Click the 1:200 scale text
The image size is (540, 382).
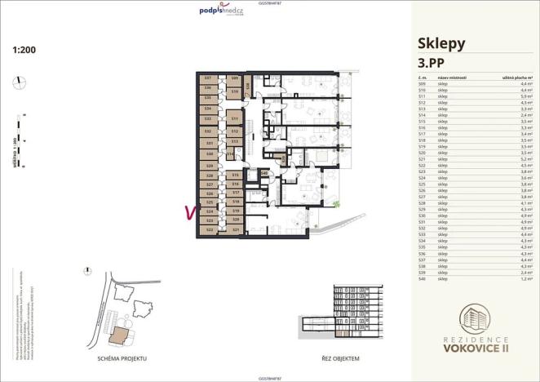(x=24, y=50)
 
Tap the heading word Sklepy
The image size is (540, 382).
(x=441, y=43)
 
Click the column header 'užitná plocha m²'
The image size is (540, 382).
(x=516, y=77)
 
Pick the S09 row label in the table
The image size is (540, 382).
(x=422, y=83)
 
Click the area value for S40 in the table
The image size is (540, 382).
(x=526, y=279)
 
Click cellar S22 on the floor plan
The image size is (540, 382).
(x=210, y=230)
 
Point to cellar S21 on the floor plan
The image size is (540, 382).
(x=236, y=230)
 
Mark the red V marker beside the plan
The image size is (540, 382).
(x=190, y=212)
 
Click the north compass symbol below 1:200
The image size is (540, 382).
(x=18, y=80)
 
